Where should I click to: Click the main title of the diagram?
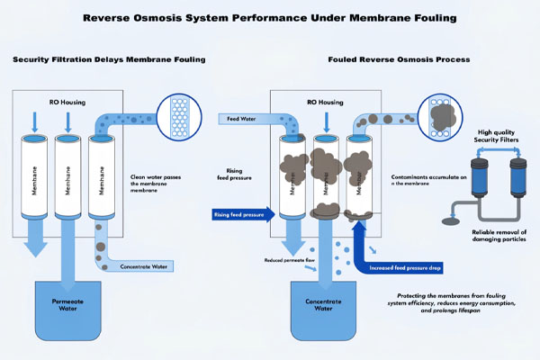[x=270, y=16]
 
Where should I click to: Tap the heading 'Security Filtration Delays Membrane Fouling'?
[x=109, y=59]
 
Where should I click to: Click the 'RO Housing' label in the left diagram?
[x=64, y=102]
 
